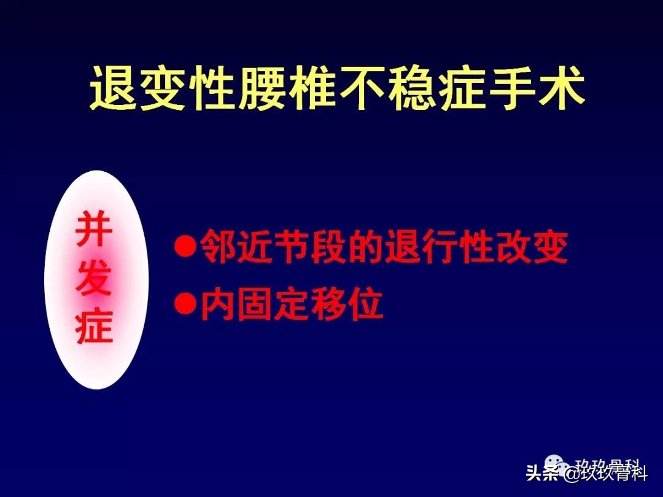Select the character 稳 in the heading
(411, 90)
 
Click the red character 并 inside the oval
(94, 230)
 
